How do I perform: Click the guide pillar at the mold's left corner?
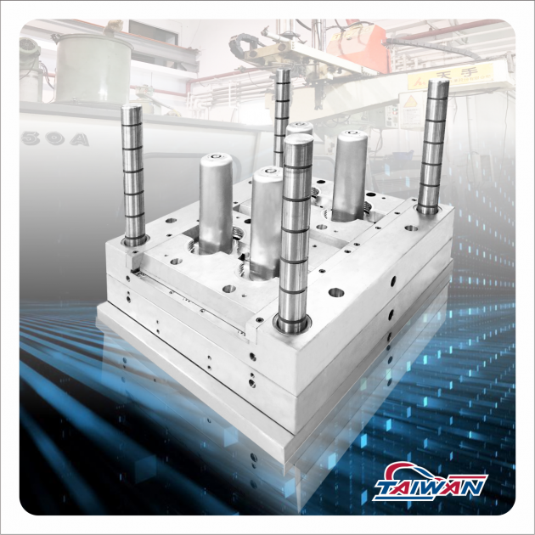133,174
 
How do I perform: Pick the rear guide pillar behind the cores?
282,119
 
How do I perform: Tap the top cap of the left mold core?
216,159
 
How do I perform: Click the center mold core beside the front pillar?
267,217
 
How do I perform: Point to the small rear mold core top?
299,129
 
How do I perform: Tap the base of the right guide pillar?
427,208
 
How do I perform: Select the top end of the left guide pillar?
132,110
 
